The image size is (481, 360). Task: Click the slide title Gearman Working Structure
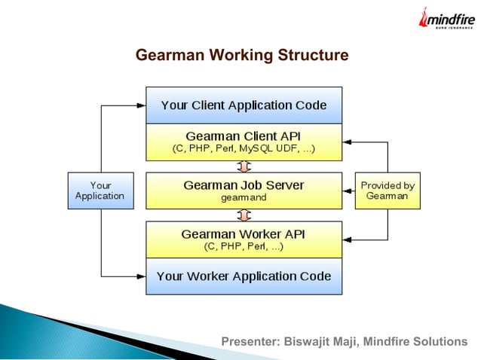tap(241, 56)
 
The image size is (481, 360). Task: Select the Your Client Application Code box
tap(244, 105)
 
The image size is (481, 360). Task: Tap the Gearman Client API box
tap(244, 142)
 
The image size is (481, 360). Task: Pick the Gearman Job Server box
tap(244, 191)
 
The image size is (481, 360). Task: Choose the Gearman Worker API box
tap(244, 239)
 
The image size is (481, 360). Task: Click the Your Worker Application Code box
tap(244, 276)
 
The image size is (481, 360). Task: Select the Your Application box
tap(100, 191)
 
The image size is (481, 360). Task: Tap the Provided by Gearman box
tap(388, 191)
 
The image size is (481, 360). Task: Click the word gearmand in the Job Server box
tap(244, 198)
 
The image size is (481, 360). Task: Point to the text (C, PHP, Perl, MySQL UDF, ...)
tap(244, 149)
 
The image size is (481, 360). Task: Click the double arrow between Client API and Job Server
tap(244, 166)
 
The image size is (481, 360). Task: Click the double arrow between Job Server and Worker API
tap(244, 215)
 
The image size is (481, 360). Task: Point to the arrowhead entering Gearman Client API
tap(347, 142)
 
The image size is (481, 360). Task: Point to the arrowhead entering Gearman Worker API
tap(347, 239)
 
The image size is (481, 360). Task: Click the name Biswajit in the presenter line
tap(307, 343)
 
